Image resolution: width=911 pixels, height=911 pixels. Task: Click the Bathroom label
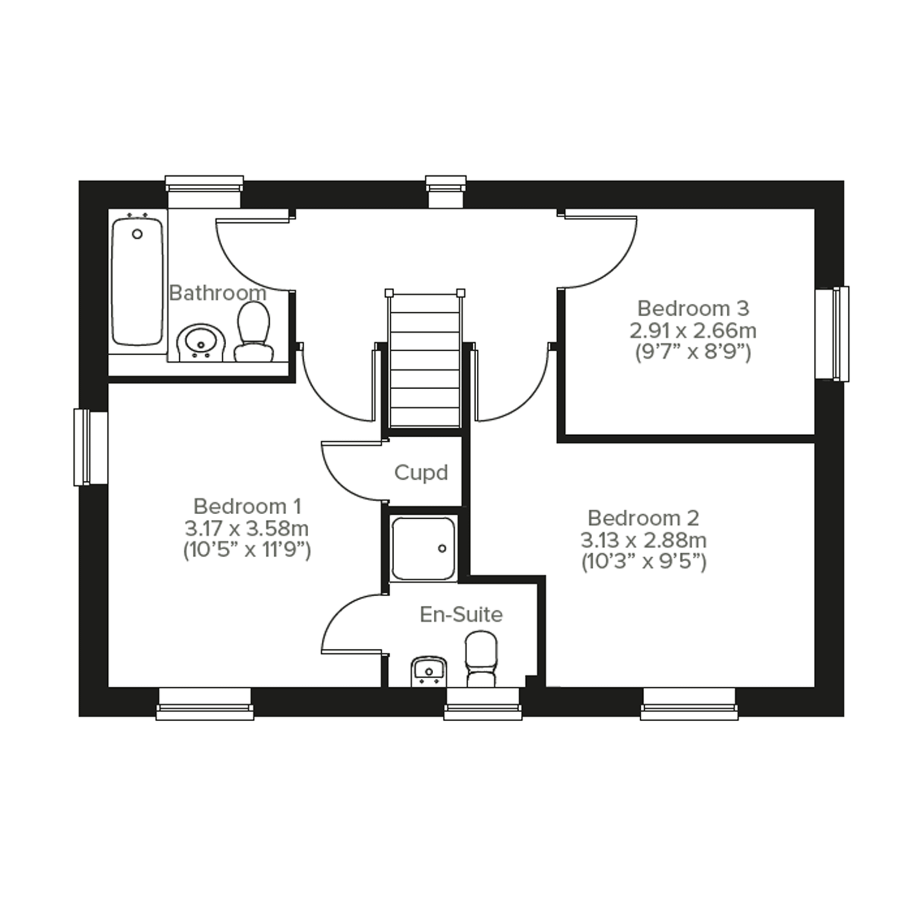pyautogui.click(x=218, y=293)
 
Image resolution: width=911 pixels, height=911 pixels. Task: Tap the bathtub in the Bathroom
pyautogui.click(x=137, y=281)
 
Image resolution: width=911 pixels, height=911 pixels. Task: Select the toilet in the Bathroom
pyautogui.click(x=253, y=332)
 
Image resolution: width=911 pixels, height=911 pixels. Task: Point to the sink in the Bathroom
pyautogui.click(x=201, y=343)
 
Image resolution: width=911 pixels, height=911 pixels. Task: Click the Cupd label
pyautogui.click(x=421, y=473)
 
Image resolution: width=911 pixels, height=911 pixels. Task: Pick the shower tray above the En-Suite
pyautogui.click(x=423, y=548)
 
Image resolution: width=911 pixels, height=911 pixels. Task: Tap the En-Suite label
pyautogui.click(x=461, y=614)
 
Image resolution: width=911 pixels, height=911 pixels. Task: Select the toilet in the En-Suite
pyautogui.click(x=481, y=658)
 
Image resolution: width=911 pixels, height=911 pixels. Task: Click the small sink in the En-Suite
pyautogui.click(x=429, y=672)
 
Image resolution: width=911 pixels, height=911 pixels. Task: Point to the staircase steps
pyautogui.click(x=425, y=359)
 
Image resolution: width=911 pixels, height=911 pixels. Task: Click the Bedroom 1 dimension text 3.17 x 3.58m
pyautogui.click(x=246, y=529)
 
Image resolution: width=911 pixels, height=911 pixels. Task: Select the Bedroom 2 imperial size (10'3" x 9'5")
pyautogui.click(x=643, y=562)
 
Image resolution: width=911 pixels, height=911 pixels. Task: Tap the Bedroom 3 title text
pyautogui.click(x=693, y=308)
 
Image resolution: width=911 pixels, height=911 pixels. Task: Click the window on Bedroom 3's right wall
pyautogui.click(x=833, y=334)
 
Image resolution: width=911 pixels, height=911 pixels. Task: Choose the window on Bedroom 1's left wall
pyautogui.click(x=90, y=447)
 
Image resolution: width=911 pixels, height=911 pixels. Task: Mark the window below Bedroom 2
pyautogui.click(x=689, y=703)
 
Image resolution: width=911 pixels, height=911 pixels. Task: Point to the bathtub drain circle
pyautogui.click(x=137, y=234)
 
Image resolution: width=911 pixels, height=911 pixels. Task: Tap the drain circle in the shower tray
pyautogui.click(x=442, y=548)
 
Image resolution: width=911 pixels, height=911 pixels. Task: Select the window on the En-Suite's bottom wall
pyautogui.click(x=483, y=703)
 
